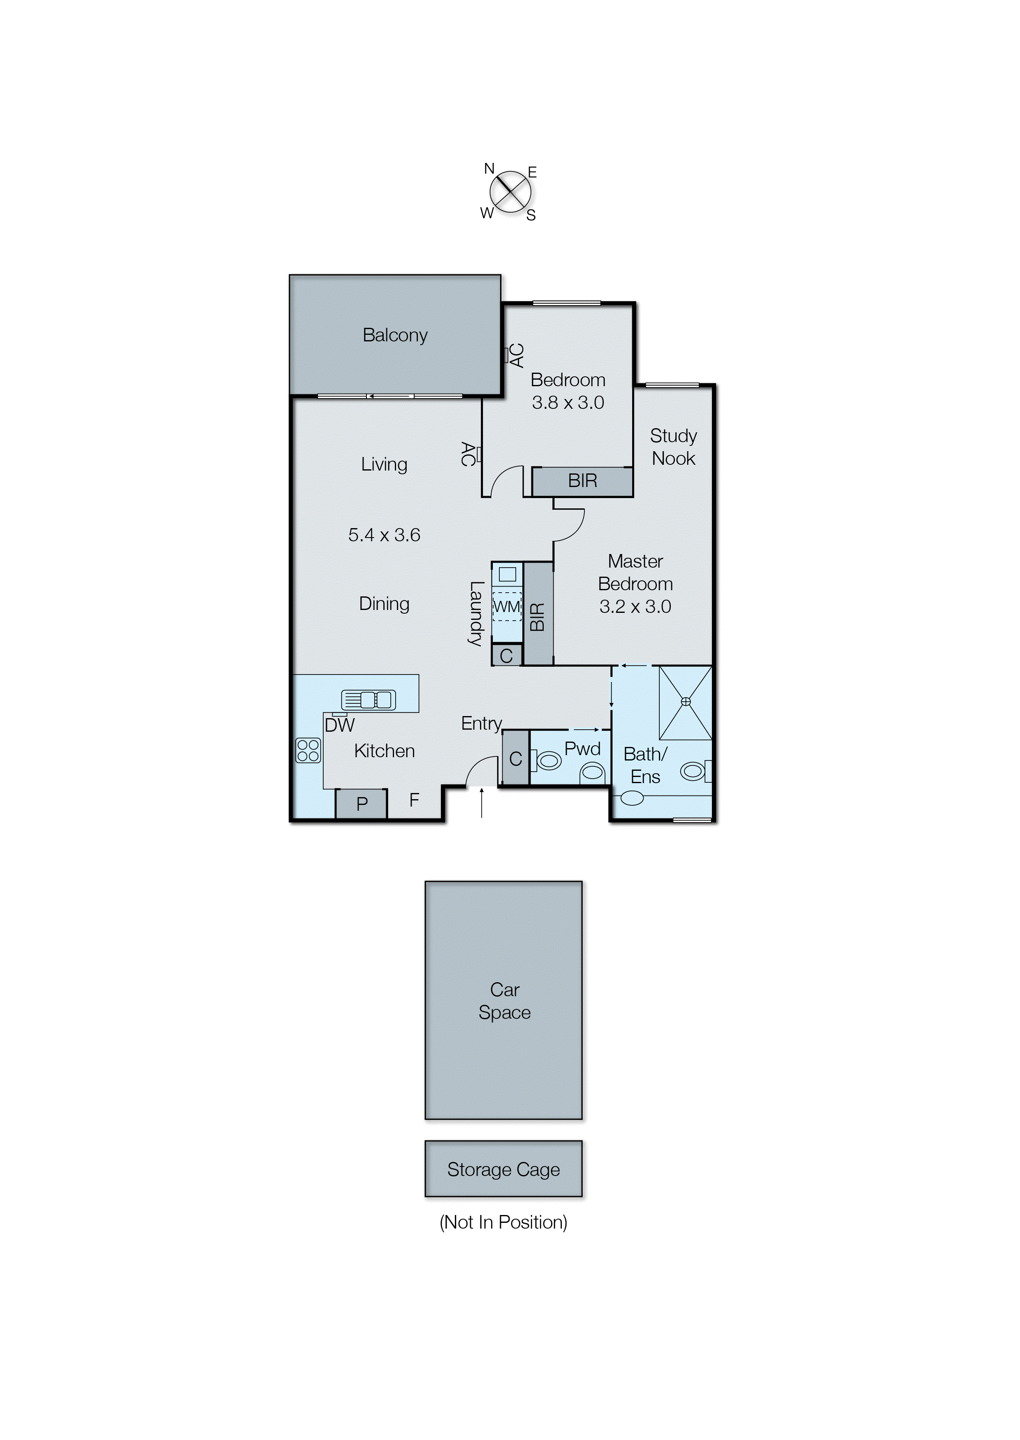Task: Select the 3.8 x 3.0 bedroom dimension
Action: [x=567, y=403]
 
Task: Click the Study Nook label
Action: [x=673, y=447]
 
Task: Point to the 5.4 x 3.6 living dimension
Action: [x=384, y=535]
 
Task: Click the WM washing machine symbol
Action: [x=506, y=607]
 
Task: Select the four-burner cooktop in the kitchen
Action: [x=308, y=751]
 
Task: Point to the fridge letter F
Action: [x=414, y=800]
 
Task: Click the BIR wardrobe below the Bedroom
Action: [x=582, y=482]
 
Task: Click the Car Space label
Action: [x=504, y=1001]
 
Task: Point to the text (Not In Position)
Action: [x=503, y=1222]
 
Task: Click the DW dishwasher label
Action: [x=340, y=725]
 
